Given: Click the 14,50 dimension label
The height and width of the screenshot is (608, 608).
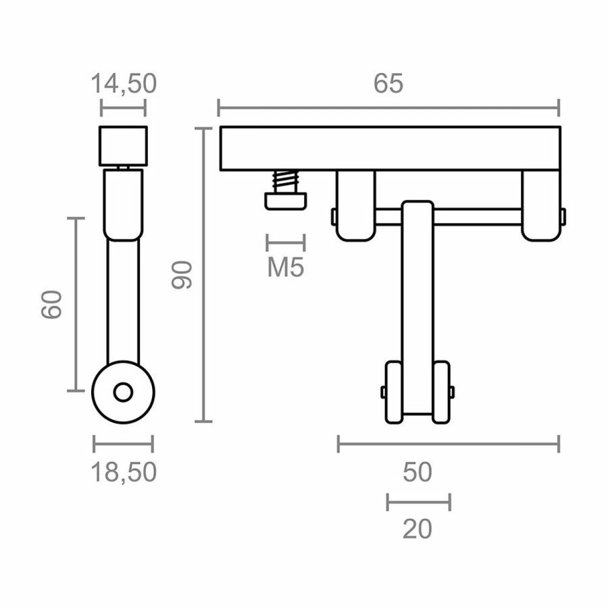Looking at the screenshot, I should point(123,83).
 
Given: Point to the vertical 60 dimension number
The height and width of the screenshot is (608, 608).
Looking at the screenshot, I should point(52,305).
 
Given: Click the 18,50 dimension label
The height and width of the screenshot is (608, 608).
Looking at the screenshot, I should point(123,472).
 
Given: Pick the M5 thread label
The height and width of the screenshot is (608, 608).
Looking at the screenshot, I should point(286,268).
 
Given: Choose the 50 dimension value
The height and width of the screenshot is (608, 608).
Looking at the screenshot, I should point(417,472).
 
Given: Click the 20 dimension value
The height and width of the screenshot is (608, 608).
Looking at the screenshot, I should point(417,529).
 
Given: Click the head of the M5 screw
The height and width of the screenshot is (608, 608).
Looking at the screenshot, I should point(286,201).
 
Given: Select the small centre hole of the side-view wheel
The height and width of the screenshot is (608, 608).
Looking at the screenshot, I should point(123,391).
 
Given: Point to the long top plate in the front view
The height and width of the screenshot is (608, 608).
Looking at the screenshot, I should point(389,148).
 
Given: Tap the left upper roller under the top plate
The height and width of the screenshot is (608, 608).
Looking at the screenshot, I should point(355,205).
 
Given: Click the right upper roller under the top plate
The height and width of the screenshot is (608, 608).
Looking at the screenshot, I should point(540,205).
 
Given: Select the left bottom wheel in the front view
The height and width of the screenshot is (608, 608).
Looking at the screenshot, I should point(393,392).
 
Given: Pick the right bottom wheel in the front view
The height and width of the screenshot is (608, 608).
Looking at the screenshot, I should point(442,392).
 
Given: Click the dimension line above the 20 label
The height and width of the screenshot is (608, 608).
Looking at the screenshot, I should point(418,502).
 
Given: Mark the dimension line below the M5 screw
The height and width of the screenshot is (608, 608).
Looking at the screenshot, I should point(286,242).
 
